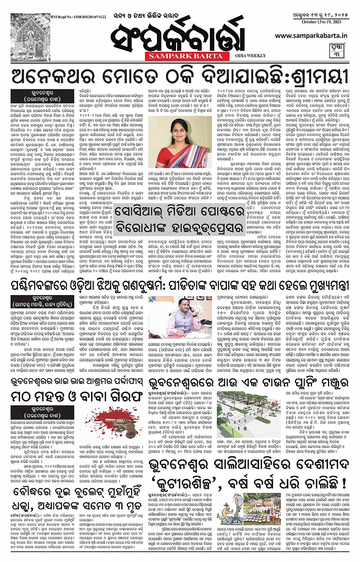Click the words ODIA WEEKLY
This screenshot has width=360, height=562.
[251, 56]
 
